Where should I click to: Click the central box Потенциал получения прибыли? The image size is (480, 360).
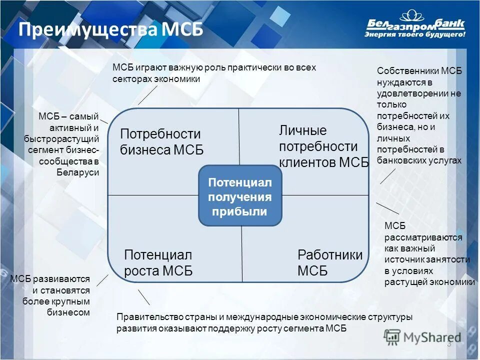click(240, 196)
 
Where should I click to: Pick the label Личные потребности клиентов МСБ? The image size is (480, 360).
click(322, 146)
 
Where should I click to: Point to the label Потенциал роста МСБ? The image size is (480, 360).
click(158, 263)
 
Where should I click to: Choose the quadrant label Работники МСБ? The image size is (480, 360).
click(329, 263)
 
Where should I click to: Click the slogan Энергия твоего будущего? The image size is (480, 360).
click(415, 35)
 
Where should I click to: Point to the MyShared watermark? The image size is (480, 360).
click(422, 337)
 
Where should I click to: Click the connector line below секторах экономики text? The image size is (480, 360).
click(147, 95)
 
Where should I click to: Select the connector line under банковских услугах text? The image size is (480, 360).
click(387, 176)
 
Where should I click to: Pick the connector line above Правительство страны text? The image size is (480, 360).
click(144, 297)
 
